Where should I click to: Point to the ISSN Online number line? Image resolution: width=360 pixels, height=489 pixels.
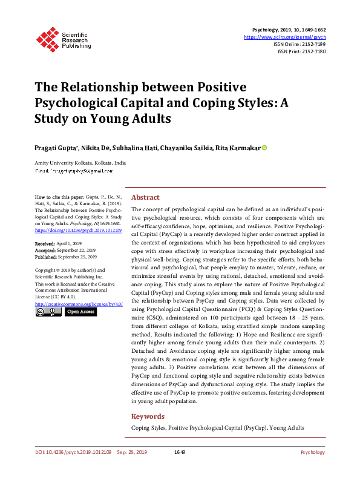click(x=301, y=44)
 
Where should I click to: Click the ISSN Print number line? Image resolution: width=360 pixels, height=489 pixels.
click(x=302, y=51)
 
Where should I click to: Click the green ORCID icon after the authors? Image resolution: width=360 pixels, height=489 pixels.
click(x=264, y=148)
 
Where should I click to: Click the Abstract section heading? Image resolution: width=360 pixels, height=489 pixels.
click(x=145, y=197)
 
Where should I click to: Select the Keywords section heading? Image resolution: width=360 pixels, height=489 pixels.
click(x=148, y=416)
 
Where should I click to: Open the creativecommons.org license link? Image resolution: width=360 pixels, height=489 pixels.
click(x=79, y=303)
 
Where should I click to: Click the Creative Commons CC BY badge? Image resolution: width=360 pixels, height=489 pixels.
click(x=48, y=312)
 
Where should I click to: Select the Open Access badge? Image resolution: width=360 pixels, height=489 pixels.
click(x=80, y=312)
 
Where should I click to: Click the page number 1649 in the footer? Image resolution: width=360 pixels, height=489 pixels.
click(x=180, y=452)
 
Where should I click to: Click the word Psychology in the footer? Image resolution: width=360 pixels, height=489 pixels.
click(x=312, y=452)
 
